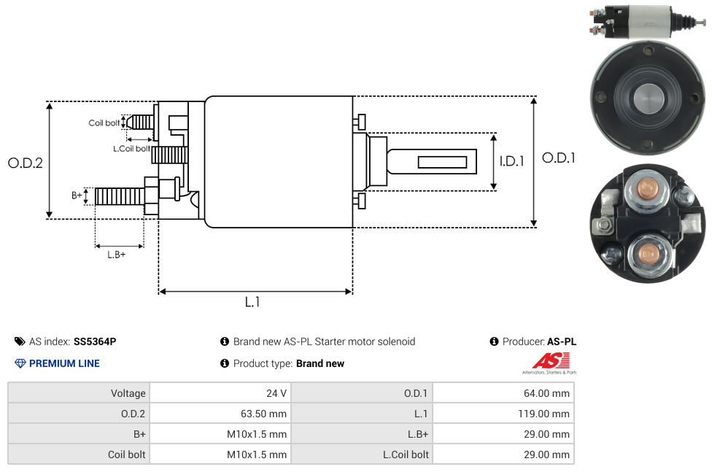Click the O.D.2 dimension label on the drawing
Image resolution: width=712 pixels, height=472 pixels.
pyautogui.click(x=25, y=163)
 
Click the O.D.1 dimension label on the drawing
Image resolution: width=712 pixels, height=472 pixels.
pyautogui.click(x=559, y=158)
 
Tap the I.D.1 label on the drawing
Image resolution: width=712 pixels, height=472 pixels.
pyautogui.click(x=511, y=162)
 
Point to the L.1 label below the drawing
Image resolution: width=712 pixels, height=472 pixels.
pyautogui.click(x=252, y=302)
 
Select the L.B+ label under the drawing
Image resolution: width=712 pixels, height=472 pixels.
pyautogui.click(x=117, y=255)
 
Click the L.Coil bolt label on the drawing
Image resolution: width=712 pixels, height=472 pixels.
pyautogui.click(x=131, y=149)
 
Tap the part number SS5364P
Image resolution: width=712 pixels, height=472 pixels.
pyautogui.click(x=95, y=341)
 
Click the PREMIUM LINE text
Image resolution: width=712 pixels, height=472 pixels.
pyautogui.click(x=64, y=363)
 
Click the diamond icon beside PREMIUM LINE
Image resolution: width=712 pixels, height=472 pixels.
pyautogui.click(x=20, y=363)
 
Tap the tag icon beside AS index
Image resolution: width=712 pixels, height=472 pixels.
pyautogui.click(x=20, y=341)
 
